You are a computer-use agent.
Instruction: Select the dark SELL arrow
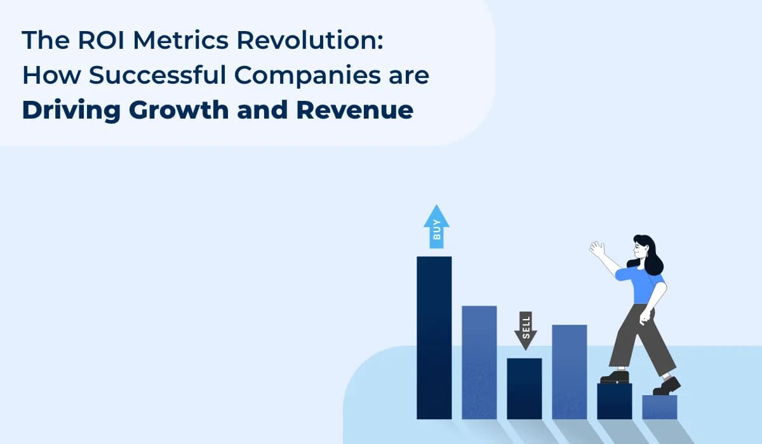click(525, 330)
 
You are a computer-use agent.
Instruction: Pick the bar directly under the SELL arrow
click(525, 388)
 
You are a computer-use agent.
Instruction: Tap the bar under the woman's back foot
click(614, 401)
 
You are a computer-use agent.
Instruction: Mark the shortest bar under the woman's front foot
click(659, 407)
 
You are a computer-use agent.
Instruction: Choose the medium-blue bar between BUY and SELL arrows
click(479, 362)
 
